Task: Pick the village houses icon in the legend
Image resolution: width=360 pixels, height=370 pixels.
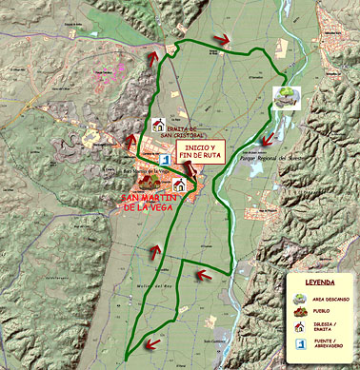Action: click(x=300, y=312)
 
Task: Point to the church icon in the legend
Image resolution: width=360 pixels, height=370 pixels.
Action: click(x=300, y=328)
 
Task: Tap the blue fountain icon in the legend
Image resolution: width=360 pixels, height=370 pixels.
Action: click(x=300, y=344)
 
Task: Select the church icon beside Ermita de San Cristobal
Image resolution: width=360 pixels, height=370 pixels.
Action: click(x=157, y=126)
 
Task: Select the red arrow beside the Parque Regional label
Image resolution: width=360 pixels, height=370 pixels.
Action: click(x=270, y=139)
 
